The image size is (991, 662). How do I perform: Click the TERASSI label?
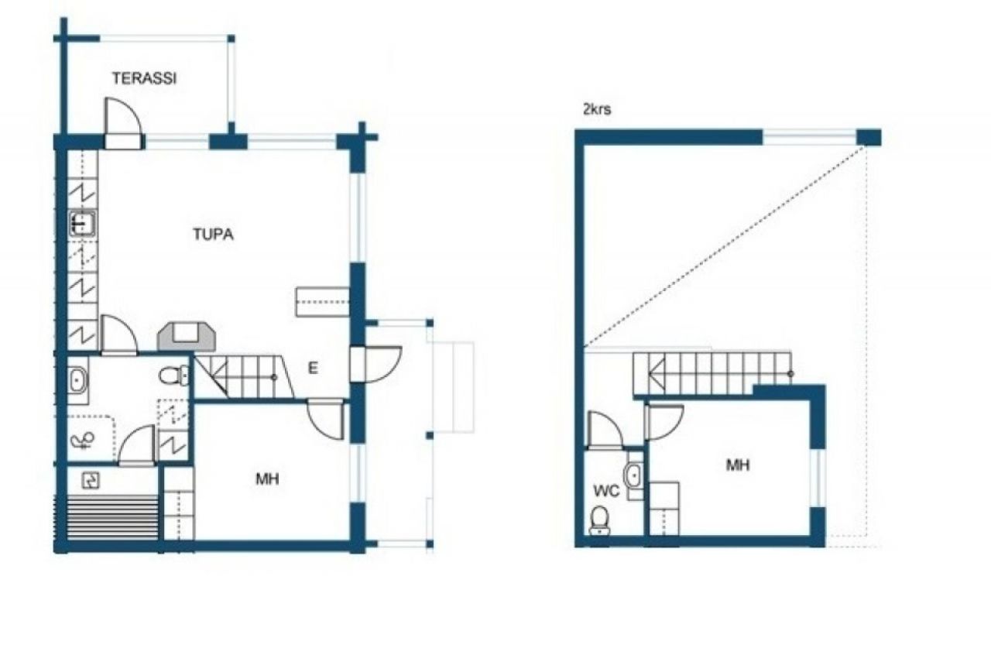(144, 78)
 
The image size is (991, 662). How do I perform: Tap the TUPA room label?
(213, 234)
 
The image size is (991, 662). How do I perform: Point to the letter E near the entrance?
(313, 369)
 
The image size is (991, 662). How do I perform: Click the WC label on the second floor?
(606, 491)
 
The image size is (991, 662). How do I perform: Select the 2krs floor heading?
(597, 109)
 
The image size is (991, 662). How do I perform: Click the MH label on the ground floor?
(268, 478)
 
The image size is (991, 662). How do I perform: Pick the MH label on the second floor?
(738, 465)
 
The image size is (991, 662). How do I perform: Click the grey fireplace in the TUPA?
(187, 338)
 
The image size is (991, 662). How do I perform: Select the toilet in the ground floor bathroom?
(174, 376)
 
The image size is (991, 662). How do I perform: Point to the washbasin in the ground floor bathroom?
(78, 380)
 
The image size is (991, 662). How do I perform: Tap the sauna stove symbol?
(91, 480)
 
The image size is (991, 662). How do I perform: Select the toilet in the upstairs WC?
(599, 521)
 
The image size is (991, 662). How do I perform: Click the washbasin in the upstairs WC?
(634, 476)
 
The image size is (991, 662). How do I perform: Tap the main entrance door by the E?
(376, 364)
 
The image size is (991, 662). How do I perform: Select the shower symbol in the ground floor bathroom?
(82, 441)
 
